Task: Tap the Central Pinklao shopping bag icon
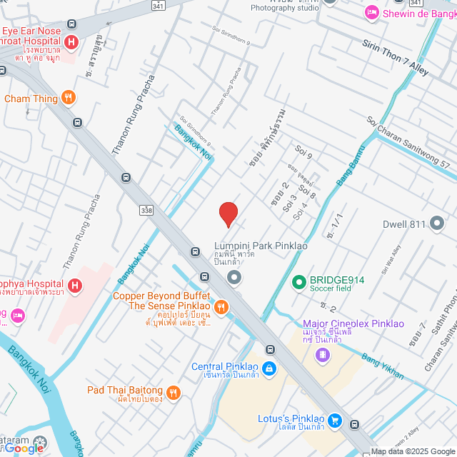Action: (269, 368)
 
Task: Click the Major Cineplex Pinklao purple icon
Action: (324, 354)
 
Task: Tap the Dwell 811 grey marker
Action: (437, 224)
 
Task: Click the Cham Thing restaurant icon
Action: (68, 98)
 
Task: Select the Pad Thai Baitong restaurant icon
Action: (174, 392)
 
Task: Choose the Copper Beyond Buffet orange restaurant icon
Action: (221, 307)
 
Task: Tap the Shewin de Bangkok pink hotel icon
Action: (371, 12)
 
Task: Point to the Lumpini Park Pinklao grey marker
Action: (233, 276)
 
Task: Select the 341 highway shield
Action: (159, 6)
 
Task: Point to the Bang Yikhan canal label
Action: (382, 366)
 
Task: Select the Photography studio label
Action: (284, 9)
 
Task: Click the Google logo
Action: (27, 448)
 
